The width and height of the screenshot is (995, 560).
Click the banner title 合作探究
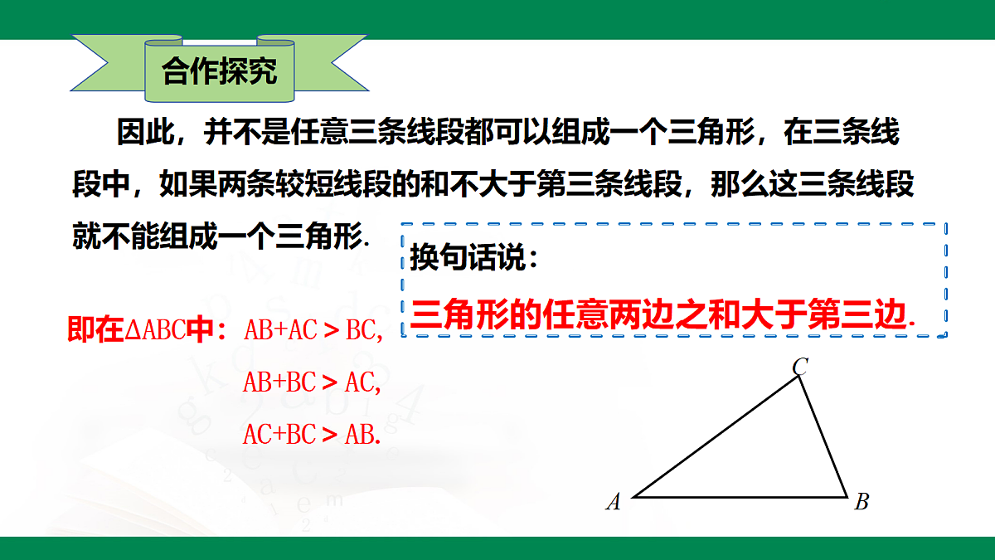[x=219, y=72]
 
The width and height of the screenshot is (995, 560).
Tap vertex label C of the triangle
[x=799, y=366]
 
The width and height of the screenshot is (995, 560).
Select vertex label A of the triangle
[x=614, y=501]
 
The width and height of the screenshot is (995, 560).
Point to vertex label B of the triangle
[x=862, y=501]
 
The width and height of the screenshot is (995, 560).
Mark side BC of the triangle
[x=823, y=436]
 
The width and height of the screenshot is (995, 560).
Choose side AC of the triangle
[x=716, y=436]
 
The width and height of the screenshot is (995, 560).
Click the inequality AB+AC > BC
[x=313, y=331]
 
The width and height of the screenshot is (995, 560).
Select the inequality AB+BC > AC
[x=312, y=382]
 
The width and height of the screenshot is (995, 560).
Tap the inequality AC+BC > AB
[x=312, y=434]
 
